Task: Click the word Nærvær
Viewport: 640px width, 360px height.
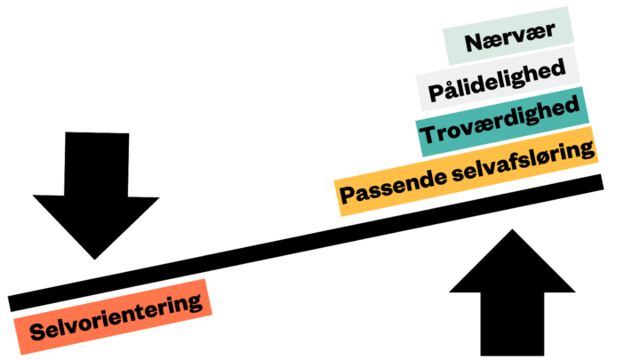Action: tap(510, 36)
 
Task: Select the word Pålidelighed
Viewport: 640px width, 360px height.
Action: tap(497, 80)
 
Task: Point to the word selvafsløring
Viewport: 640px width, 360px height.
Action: tap(524, 161)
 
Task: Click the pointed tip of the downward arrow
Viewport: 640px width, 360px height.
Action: tap(95, 260)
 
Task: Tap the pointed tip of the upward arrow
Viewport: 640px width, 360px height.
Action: tap(512, 229)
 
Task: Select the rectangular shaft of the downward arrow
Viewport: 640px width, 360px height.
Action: tap(97, 164)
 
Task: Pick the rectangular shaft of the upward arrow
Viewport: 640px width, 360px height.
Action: tap(512, 324)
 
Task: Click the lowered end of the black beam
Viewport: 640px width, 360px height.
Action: tap(10, 304)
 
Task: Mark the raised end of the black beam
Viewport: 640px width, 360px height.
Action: tap(602, 181)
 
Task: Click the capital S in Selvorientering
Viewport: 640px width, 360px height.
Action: tap(38, 331)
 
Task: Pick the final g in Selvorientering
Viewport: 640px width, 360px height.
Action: tap(195, 302)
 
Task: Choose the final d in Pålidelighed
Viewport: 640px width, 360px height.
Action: tap(558, 68)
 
